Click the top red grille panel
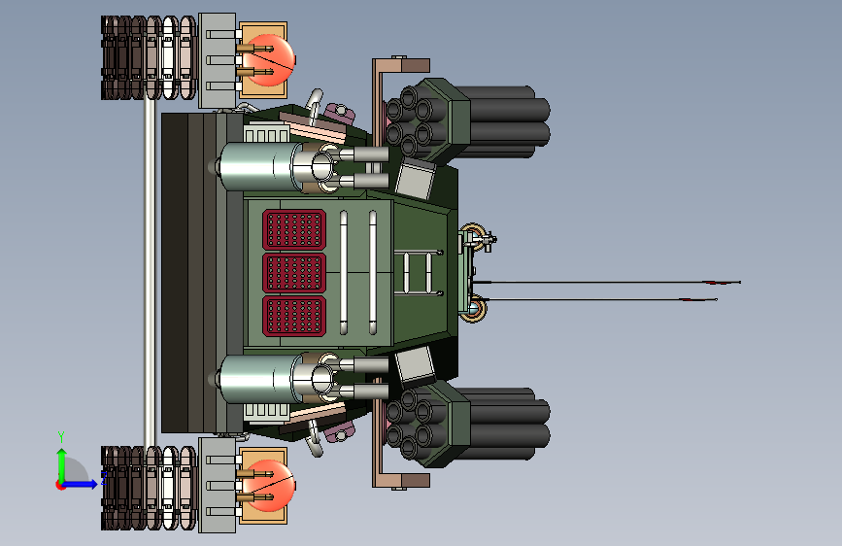[x=294, y=229]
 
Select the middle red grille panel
[x=294, y=272]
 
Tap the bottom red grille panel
[x=294, y=316]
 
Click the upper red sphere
[x=272, y=59]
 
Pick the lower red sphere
[x=272, y=485]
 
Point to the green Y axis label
[x=61, y=436]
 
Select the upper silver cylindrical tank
[x=257, y=166]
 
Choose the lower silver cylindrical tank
[x=257, y=379]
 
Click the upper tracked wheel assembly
[x=149, y=57]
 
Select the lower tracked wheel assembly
[x=149, y=488]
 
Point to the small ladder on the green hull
[x=418, y=272]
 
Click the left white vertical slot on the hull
[x=344, y=272]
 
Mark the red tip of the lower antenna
[x=698, y=299]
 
